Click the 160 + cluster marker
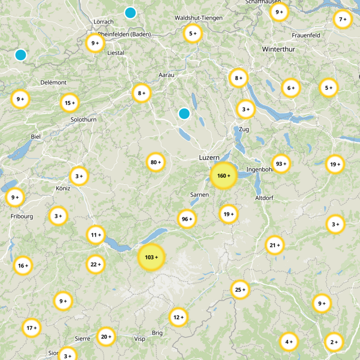coord(224,175)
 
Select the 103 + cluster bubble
coord(151,257)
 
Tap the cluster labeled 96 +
coord(187,219)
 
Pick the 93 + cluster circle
coord(281,164)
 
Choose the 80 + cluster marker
coord(156,162)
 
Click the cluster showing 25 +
coord(240,290)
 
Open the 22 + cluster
coord(96,264)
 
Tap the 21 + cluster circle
coord(274,245)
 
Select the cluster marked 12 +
coord(178,317)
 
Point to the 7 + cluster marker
coord(342,19)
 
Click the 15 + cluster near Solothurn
coord(70,103)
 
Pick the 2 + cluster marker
coord(333,342)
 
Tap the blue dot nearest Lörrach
coord(130,13)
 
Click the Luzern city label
coord(209,158)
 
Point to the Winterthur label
coord(279,49)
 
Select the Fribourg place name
coord(22,216)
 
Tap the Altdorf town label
coord(264,198)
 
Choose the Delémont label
coord(54,82)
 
